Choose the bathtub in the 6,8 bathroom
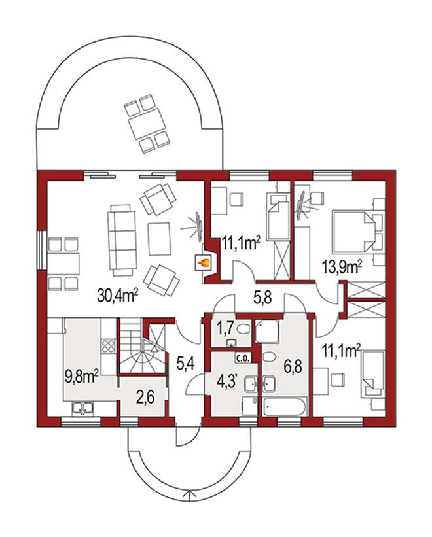pyautogui.click(x=285, y=407)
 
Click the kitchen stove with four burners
pyautogui.click(x=108, y=346)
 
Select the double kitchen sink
pyautogui.click(x=82, y=409)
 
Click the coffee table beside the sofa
pyautogui.click(x=159, y=239)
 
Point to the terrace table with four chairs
pyautogui.click(x=147, y=124)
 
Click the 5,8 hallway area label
pyautogui.click(x=262, y=298)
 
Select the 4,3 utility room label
pyautogui.click(x=226, y=381)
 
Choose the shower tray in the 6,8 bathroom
pyautogui.click(x=267, y=331)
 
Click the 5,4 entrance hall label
pyautogui.click(x=185, y=363)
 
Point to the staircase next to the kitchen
pyautogui.click(x=141, y=346)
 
